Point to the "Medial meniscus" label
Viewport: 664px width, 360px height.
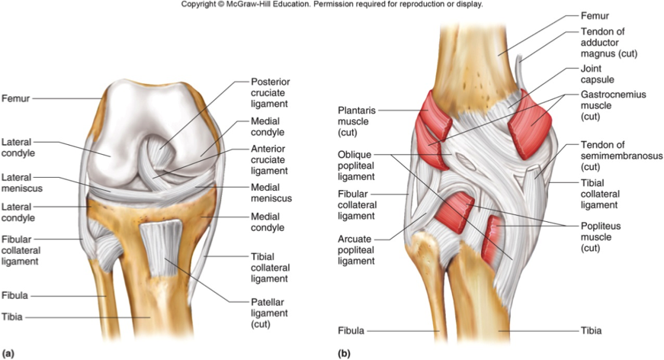[x=271, y=193]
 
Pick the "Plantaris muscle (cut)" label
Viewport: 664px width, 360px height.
[x=357, y=121]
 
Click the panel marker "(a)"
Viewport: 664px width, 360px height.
[x=8, y=353]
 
